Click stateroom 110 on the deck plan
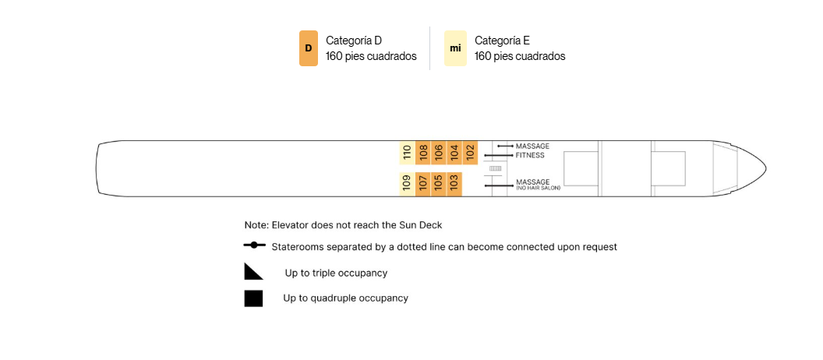408,153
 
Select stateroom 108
423,153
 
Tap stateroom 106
438,153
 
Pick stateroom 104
454,153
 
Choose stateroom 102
470,153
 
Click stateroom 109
408,184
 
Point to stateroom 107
423,184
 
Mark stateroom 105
438,184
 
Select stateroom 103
454,184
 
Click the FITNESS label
530,155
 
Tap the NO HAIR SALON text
539,188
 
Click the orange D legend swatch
309,48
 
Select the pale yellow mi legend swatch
455,48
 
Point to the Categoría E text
503,41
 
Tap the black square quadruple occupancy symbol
253,298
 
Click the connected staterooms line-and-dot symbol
255,245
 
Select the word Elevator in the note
290,225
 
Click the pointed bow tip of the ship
765,168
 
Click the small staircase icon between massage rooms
496,168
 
